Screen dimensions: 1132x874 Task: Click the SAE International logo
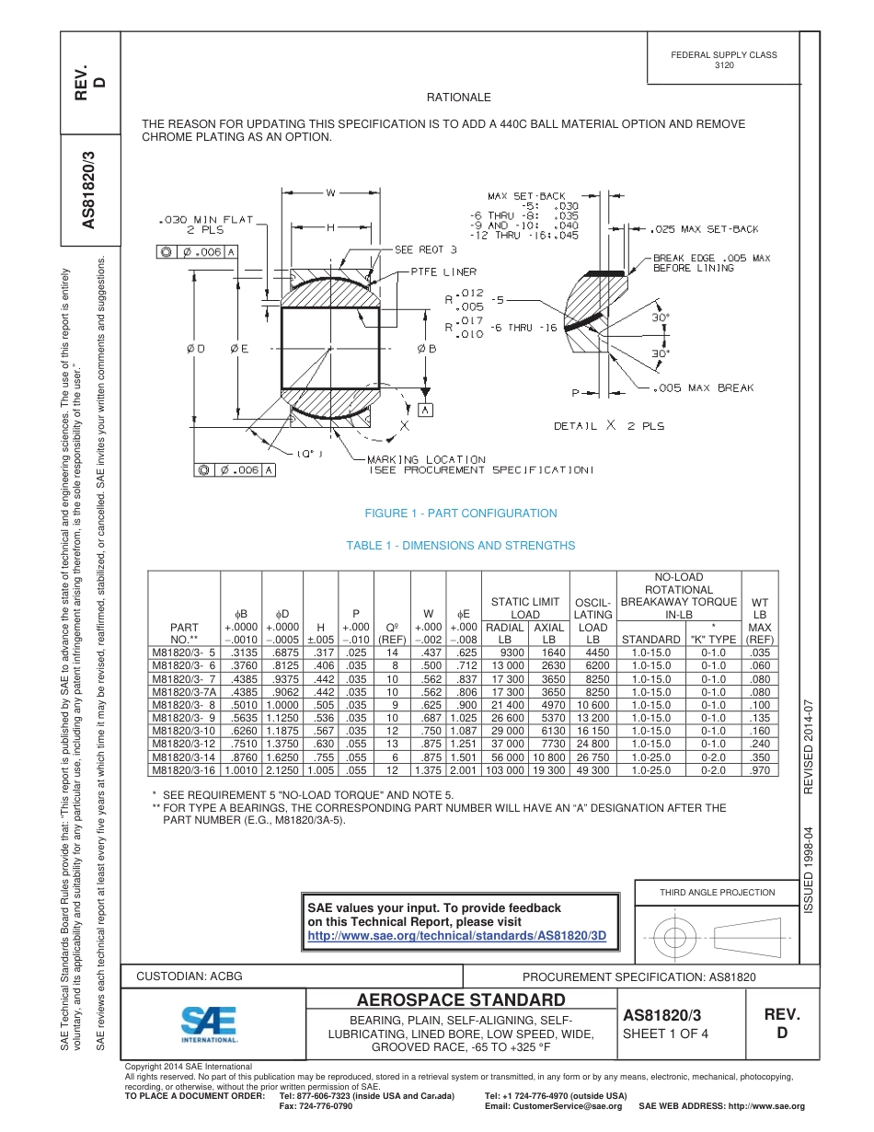click(x=209, y=1023)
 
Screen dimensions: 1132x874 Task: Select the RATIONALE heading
click(x=458, y=98)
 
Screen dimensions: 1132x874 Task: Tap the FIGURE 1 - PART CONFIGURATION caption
click(x=460, y=514)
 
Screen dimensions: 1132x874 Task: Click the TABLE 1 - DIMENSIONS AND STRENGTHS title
click(x=460, y=546)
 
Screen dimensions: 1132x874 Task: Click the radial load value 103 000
click(x=503, y=769)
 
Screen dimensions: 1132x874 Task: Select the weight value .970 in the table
click(x=760, y=769)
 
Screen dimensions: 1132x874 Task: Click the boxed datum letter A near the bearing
click(x=425, y=410)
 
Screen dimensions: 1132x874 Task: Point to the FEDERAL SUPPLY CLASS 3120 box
click(x=723, y=60)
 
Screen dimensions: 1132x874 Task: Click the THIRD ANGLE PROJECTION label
click(x=717, y=892)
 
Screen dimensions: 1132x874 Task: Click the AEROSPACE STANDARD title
click(x=460, y=999)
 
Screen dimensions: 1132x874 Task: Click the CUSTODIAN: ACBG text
click(x=190, y=976)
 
